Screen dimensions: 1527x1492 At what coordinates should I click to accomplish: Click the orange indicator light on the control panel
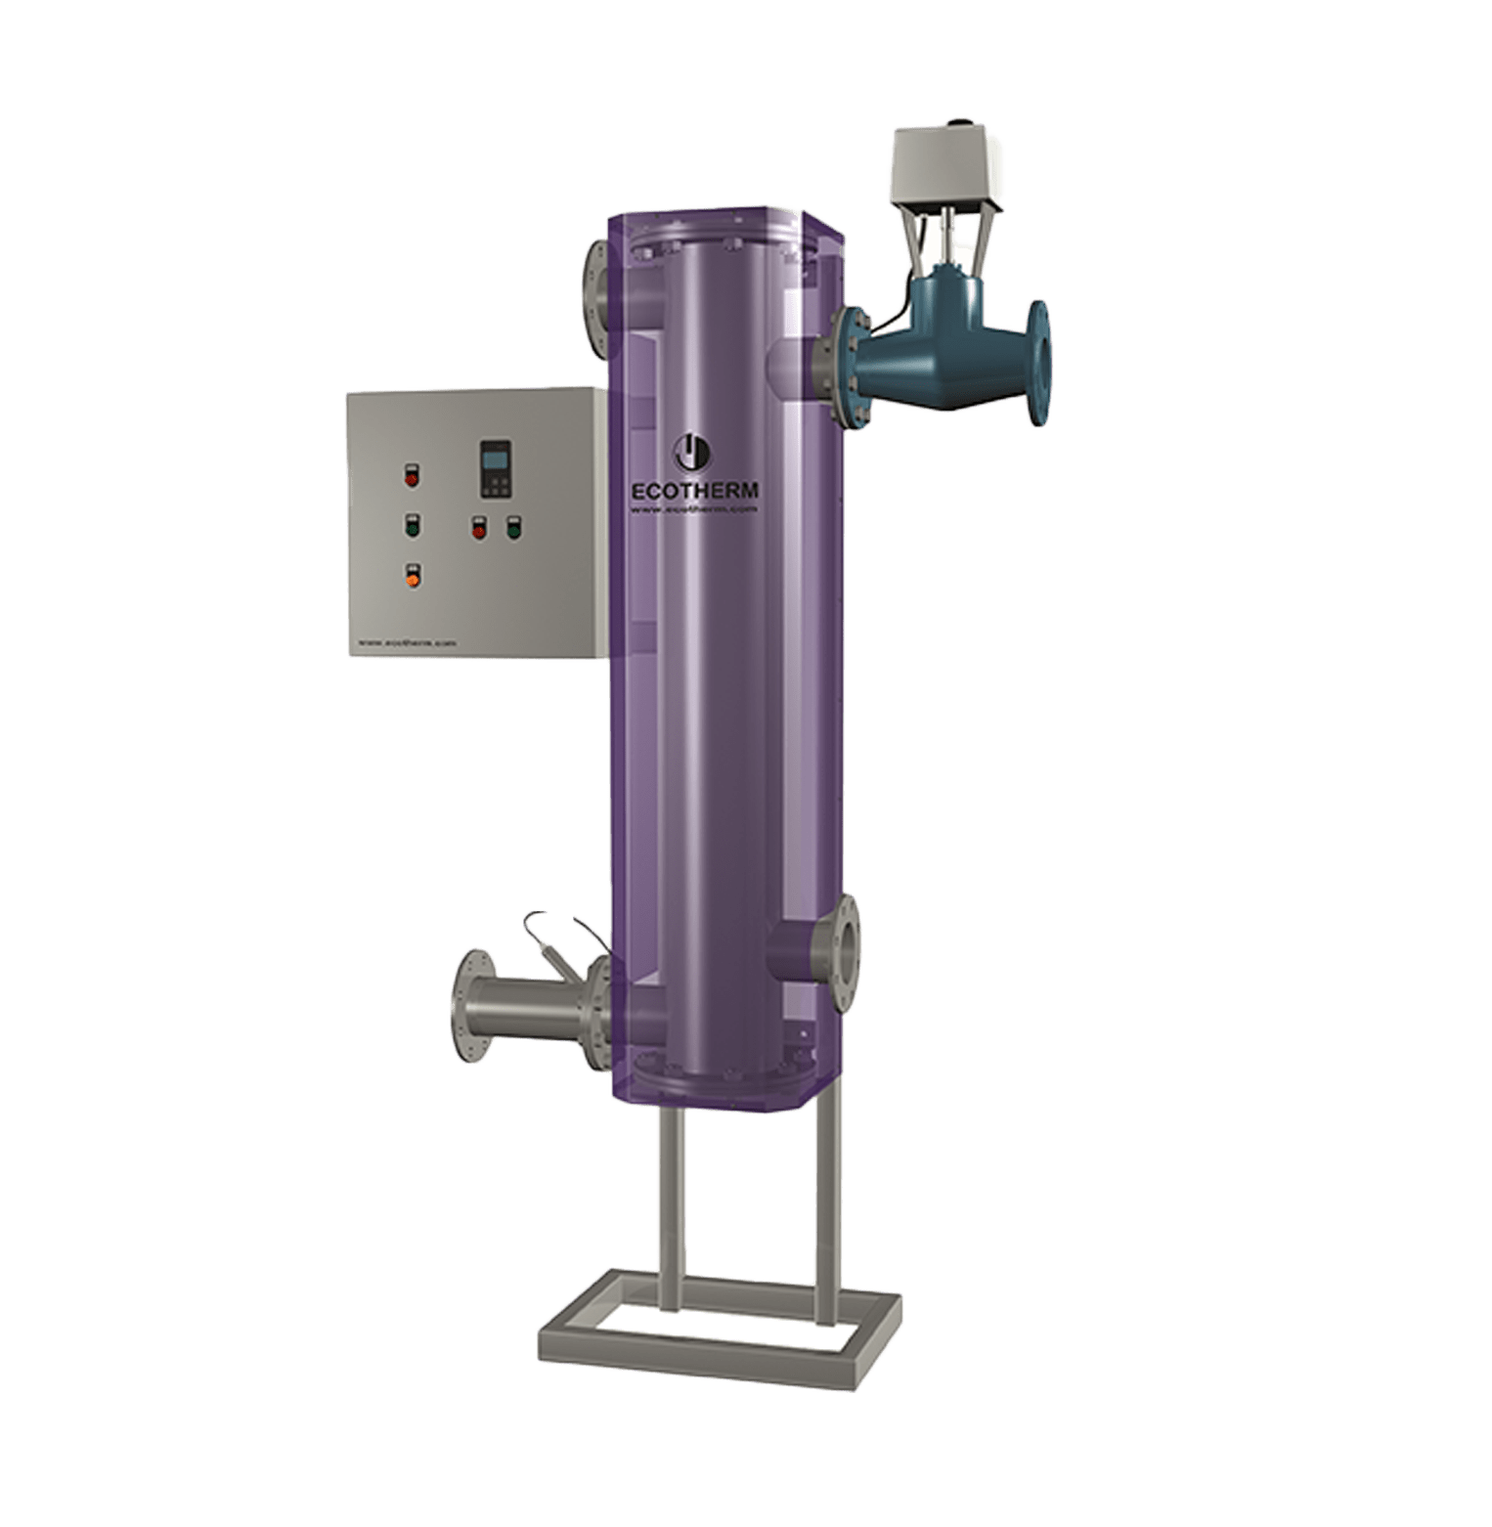tap(414, 577)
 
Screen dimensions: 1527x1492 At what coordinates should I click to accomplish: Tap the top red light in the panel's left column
tap(411, 478)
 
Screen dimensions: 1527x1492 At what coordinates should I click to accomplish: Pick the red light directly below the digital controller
tap(479, 529)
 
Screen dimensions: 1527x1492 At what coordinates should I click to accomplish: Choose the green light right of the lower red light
tap(512, 529)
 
